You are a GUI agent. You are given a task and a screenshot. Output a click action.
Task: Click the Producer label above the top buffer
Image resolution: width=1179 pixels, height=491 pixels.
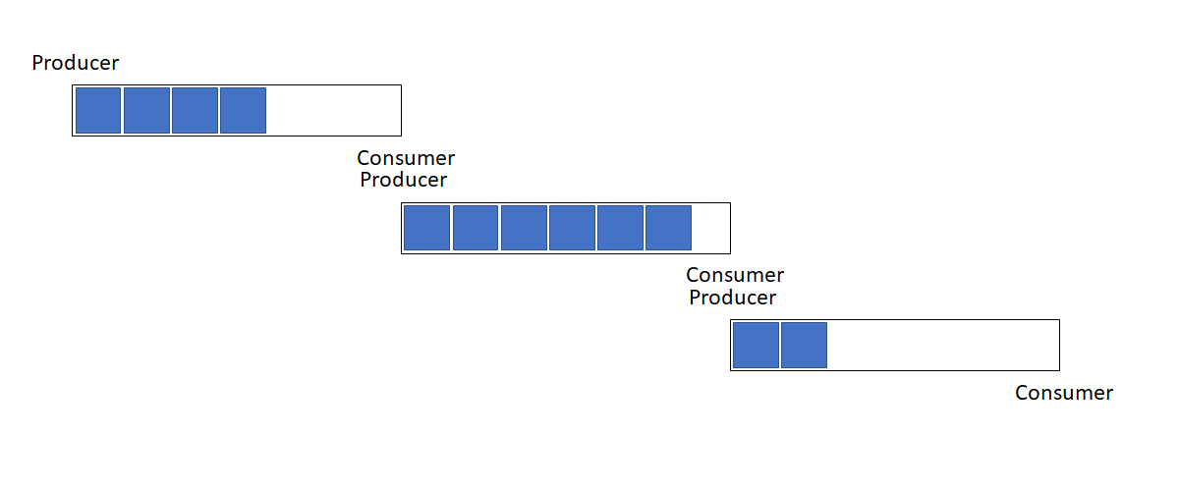coord(76,63)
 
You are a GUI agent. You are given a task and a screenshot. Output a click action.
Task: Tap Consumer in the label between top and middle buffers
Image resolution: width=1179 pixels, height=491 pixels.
coord(406,158)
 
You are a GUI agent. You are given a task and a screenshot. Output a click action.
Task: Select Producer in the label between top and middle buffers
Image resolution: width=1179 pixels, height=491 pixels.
coord(404,180)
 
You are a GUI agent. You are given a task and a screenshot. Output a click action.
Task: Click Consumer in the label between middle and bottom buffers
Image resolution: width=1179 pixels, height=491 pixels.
coord(735,275)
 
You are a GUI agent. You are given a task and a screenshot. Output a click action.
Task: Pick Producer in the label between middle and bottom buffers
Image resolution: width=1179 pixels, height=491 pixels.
coord(733,298)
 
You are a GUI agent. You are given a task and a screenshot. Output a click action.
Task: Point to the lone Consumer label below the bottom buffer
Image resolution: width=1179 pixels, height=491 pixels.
coord(1064,393)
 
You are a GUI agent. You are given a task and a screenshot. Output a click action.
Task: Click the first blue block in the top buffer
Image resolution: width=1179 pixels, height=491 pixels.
coord(98,111)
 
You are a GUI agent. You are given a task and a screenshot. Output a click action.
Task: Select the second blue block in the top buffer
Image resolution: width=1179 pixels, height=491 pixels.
coord(146,111)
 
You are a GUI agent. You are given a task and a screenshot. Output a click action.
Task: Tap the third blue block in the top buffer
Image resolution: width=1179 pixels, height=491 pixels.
coord(195,111)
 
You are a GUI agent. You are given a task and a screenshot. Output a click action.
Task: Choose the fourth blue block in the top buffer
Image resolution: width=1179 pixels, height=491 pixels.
coord(244,111)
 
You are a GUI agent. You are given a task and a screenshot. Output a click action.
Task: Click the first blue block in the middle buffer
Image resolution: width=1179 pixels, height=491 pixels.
coord(426,228)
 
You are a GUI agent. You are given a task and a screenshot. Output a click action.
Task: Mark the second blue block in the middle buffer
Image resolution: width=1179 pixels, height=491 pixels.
coord(476,228)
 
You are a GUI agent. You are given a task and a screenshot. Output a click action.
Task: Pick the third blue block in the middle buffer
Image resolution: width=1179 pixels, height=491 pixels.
coord(524,228)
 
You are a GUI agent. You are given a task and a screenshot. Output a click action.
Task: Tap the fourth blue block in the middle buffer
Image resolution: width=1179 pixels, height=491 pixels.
coord(572,228)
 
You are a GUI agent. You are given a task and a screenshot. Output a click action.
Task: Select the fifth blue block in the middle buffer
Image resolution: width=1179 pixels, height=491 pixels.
coord(621,228)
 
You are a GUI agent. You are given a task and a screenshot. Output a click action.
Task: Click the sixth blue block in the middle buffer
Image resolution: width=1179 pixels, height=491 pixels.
coord(668,228)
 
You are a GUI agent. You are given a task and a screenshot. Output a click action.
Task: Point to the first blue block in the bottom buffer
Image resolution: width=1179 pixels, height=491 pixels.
coord(756,346)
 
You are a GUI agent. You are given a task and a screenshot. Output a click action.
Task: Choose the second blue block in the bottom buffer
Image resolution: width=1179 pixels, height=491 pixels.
coord(805,346)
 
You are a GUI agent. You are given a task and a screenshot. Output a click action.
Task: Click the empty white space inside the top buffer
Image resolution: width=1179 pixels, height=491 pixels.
coord(334,111)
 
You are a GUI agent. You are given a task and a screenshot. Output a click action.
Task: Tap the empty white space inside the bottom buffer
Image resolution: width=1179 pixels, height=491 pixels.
coord(943,346)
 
